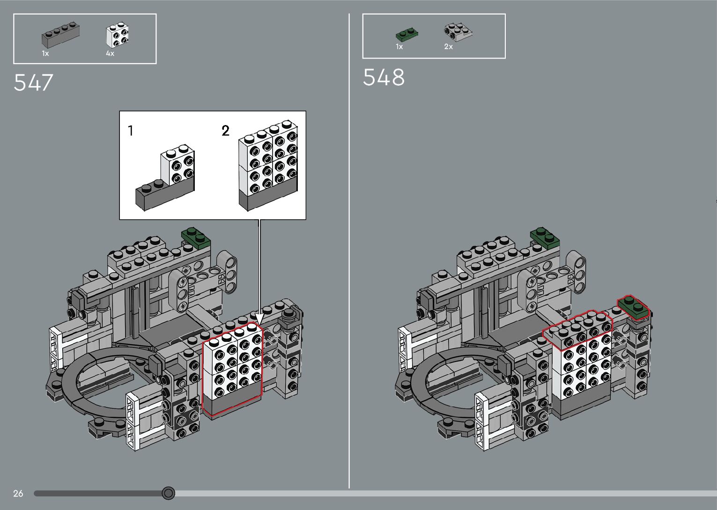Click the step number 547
tap(33, 83)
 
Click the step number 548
tap(384, 77)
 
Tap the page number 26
tap(18, 493)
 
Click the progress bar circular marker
tap(169, 493)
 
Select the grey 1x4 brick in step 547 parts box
tap(60, 34)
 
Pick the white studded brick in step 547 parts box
tap(118, 34)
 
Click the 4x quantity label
tap(110, 53)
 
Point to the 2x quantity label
tap(448, 47)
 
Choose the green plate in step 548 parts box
tap(407, 34)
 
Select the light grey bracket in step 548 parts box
tap(458, 31)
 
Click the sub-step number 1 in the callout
tap(131, 131)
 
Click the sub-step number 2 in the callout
tap(226, 131)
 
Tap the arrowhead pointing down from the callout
tap(259, 318)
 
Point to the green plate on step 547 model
tap(196, 237)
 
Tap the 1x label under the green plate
tap(399, 47)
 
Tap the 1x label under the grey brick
tap(45, 53)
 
